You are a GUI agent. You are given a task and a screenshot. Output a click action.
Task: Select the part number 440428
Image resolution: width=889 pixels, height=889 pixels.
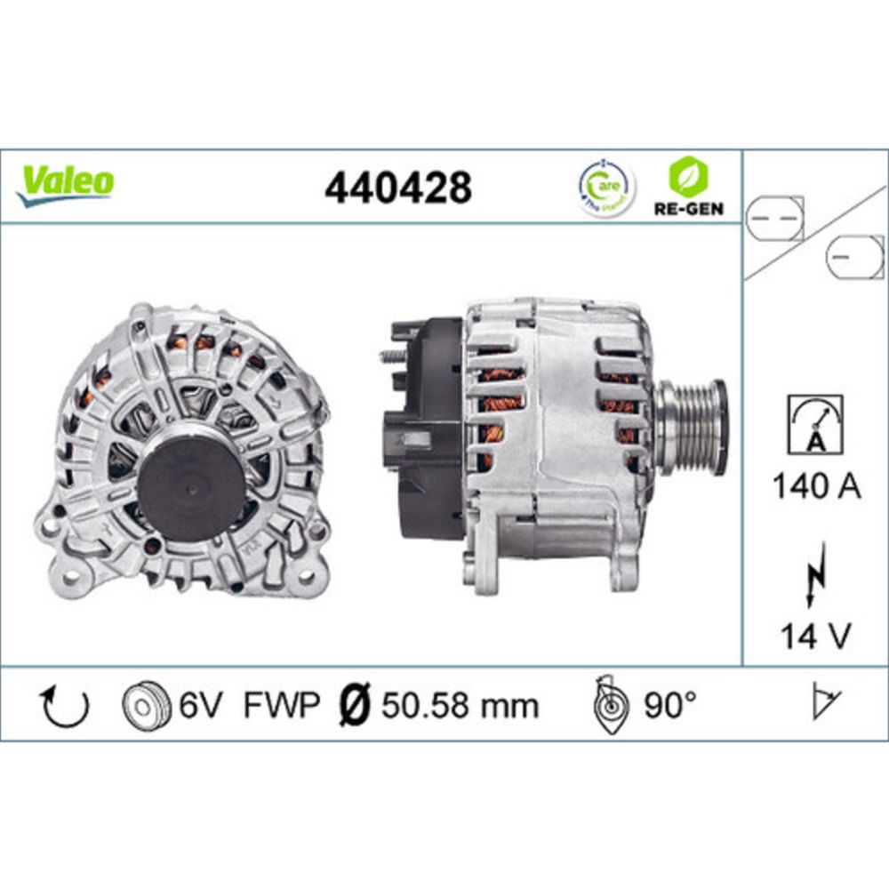click(397, 188)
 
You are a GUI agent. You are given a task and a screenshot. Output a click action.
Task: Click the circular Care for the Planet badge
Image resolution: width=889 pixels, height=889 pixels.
click(607, 188)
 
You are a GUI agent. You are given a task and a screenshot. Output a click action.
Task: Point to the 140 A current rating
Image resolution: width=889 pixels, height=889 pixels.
click(814, 487)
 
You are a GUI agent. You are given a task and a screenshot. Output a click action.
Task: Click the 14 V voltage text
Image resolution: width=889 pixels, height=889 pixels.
click(814, 636)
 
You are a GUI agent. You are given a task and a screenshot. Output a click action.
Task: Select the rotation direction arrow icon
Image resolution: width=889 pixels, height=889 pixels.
click(66, 706)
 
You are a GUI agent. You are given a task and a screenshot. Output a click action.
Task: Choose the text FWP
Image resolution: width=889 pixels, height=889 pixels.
click(281, 706)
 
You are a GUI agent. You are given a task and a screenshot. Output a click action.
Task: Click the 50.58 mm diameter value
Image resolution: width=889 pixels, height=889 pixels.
click(460, 706)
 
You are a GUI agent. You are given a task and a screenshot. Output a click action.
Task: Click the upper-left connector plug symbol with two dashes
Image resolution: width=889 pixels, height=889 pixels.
click(773, 217)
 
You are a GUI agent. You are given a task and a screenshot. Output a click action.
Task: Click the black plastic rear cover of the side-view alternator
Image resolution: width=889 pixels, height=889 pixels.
click(427, 427)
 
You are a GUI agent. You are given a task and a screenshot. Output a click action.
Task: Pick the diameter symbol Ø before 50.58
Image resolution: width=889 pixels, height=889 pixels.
click(356, 706)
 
